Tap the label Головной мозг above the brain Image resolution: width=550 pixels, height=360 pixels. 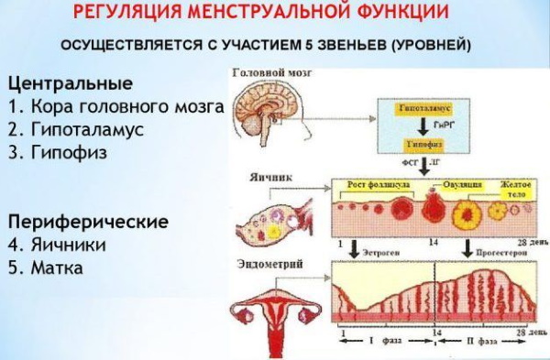pos(266,74)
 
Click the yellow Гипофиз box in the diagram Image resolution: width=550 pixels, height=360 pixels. pos(429,145)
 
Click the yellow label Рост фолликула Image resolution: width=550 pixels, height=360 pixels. pos(378,184)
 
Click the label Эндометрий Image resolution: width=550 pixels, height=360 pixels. pos(269,265)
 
